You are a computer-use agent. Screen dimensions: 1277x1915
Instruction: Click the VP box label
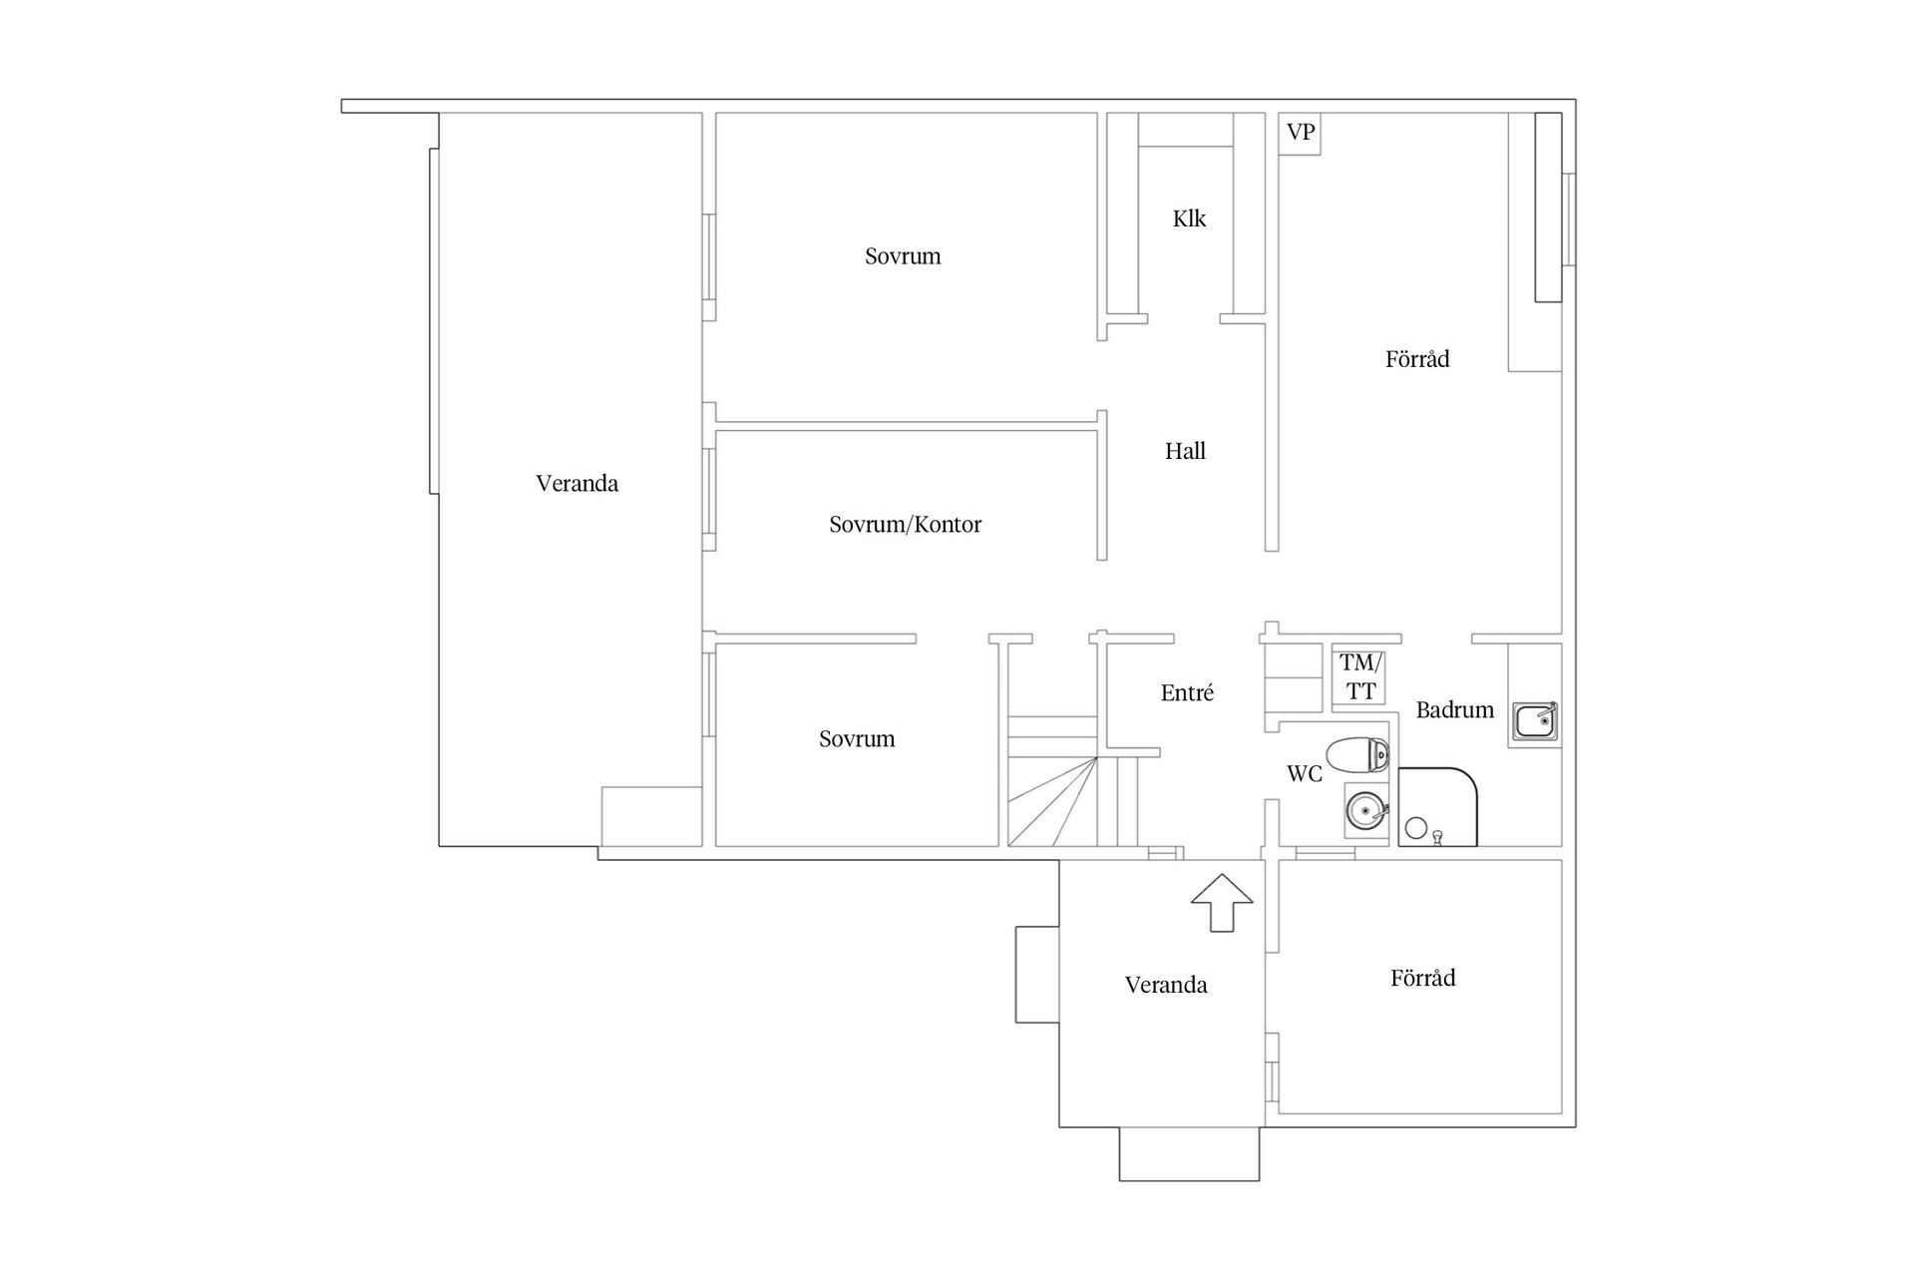click(x=1300, y=133)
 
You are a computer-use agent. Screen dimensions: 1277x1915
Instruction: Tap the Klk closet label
click(x=1189, y=218)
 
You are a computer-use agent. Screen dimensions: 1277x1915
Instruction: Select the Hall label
click(x=1185, y=451)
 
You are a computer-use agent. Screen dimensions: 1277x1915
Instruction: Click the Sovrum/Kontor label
click(x=905, y=525)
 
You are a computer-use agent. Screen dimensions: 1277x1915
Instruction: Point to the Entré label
click(x=1187, y=693)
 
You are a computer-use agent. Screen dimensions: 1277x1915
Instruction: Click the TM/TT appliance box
click(x=1359, y=676)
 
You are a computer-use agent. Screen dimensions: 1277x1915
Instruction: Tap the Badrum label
click(x=1454, y=710)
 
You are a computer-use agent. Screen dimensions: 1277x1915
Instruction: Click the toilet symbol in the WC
click(x=1357, y=755)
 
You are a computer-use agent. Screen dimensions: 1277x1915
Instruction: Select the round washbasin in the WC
click(x=1364, y=810)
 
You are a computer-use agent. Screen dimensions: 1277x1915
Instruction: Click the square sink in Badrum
click(x=1535, y=720)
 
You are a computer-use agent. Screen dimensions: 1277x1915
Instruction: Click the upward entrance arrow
click(x=1222, y=902)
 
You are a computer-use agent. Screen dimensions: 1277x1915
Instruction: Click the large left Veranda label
click(x=576, y=484)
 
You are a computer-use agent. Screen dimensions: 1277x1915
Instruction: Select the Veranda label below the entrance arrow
click(x=1166, y=986)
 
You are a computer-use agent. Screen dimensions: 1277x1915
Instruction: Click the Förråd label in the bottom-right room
click(x=1422, y=979)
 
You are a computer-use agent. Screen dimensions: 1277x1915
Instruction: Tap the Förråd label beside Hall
click(x=1416, y=359)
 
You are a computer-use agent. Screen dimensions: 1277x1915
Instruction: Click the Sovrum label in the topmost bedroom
click(x=903, y=256)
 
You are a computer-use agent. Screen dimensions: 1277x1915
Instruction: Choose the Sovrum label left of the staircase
click(x=857, y=739)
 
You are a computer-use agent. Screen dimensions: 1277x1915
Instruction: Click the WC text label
click(x=1304, y=774)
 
